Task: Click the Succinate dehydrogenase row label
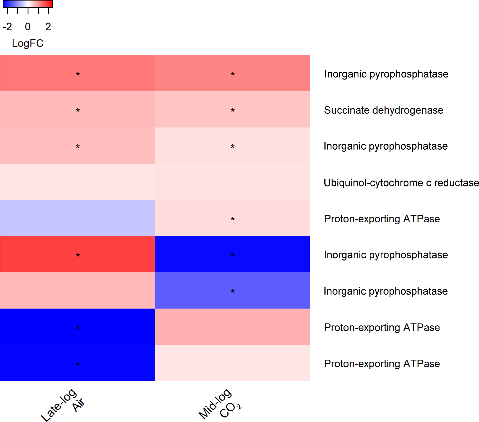pyautogui.click(x=383, y=110)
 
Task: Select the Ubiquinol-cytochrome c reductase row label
pyautogui.click(x=401, y=183)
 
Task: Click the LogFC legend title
pyautogui.click(x=28, y=43)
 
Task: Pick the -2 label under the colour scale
pyautogui.click(x=7, y=27)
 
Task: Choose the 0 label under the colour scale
pyautogui.click(x=28, y=27)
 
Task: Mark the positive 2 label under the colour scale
pyautogui.click(x=48, y=27)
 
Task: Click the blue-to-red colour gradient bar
pyautogui.click(x=28, y=4)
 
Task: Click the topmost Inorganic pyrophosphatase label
pyautogui.click(x=386, y=74)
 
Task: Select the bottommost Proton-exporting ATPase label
pyautogui.click(x=382, y=364)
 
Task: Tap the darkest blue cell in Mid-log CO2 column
pyautogui.click(x=232, y=254)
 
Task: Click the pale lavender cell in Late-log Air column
pyautogui.click(x=78, y=218)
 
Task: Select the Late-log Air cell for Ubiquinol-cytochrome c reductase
pyautogui.click(x=78, y=182)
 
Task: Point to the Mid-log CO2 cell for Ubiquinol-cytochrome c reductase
pyautogui.click(x=232, y=182)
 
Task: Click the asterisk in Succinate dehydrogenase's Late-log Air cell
pyautogui.click(x=78, y=110)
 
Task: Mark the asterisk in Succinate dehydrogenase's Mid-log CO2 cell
pyautogui.click(x=232, y=110)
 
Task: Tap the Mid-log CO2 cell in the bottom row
pyautogui.click(x=232, y=363)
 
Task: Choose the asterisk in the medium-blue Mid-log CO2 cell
pyautogui.click(x=232, y=291)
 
